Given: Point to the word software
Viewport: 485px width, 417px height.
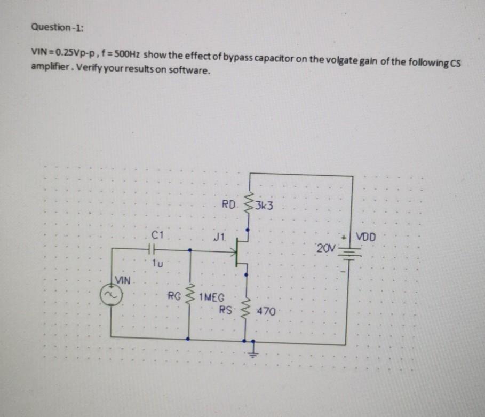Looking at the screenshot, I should [x=187, y=71].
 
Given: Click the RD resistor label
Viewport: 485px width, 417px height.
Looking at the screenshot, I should [x=228, y=204].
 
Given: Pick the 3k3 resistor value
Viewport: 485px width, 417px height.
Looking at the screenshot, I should [x=264, y=204].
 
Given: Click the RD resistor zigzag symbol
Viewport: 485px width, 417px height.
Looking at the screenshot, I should [x=247, y=205].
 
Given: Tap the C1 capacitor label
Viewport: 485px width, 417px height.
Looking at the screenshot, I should [x=156, y=233].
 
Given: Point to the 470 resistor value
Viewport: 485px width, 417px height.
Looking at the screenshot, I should [x=266, y=311].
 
